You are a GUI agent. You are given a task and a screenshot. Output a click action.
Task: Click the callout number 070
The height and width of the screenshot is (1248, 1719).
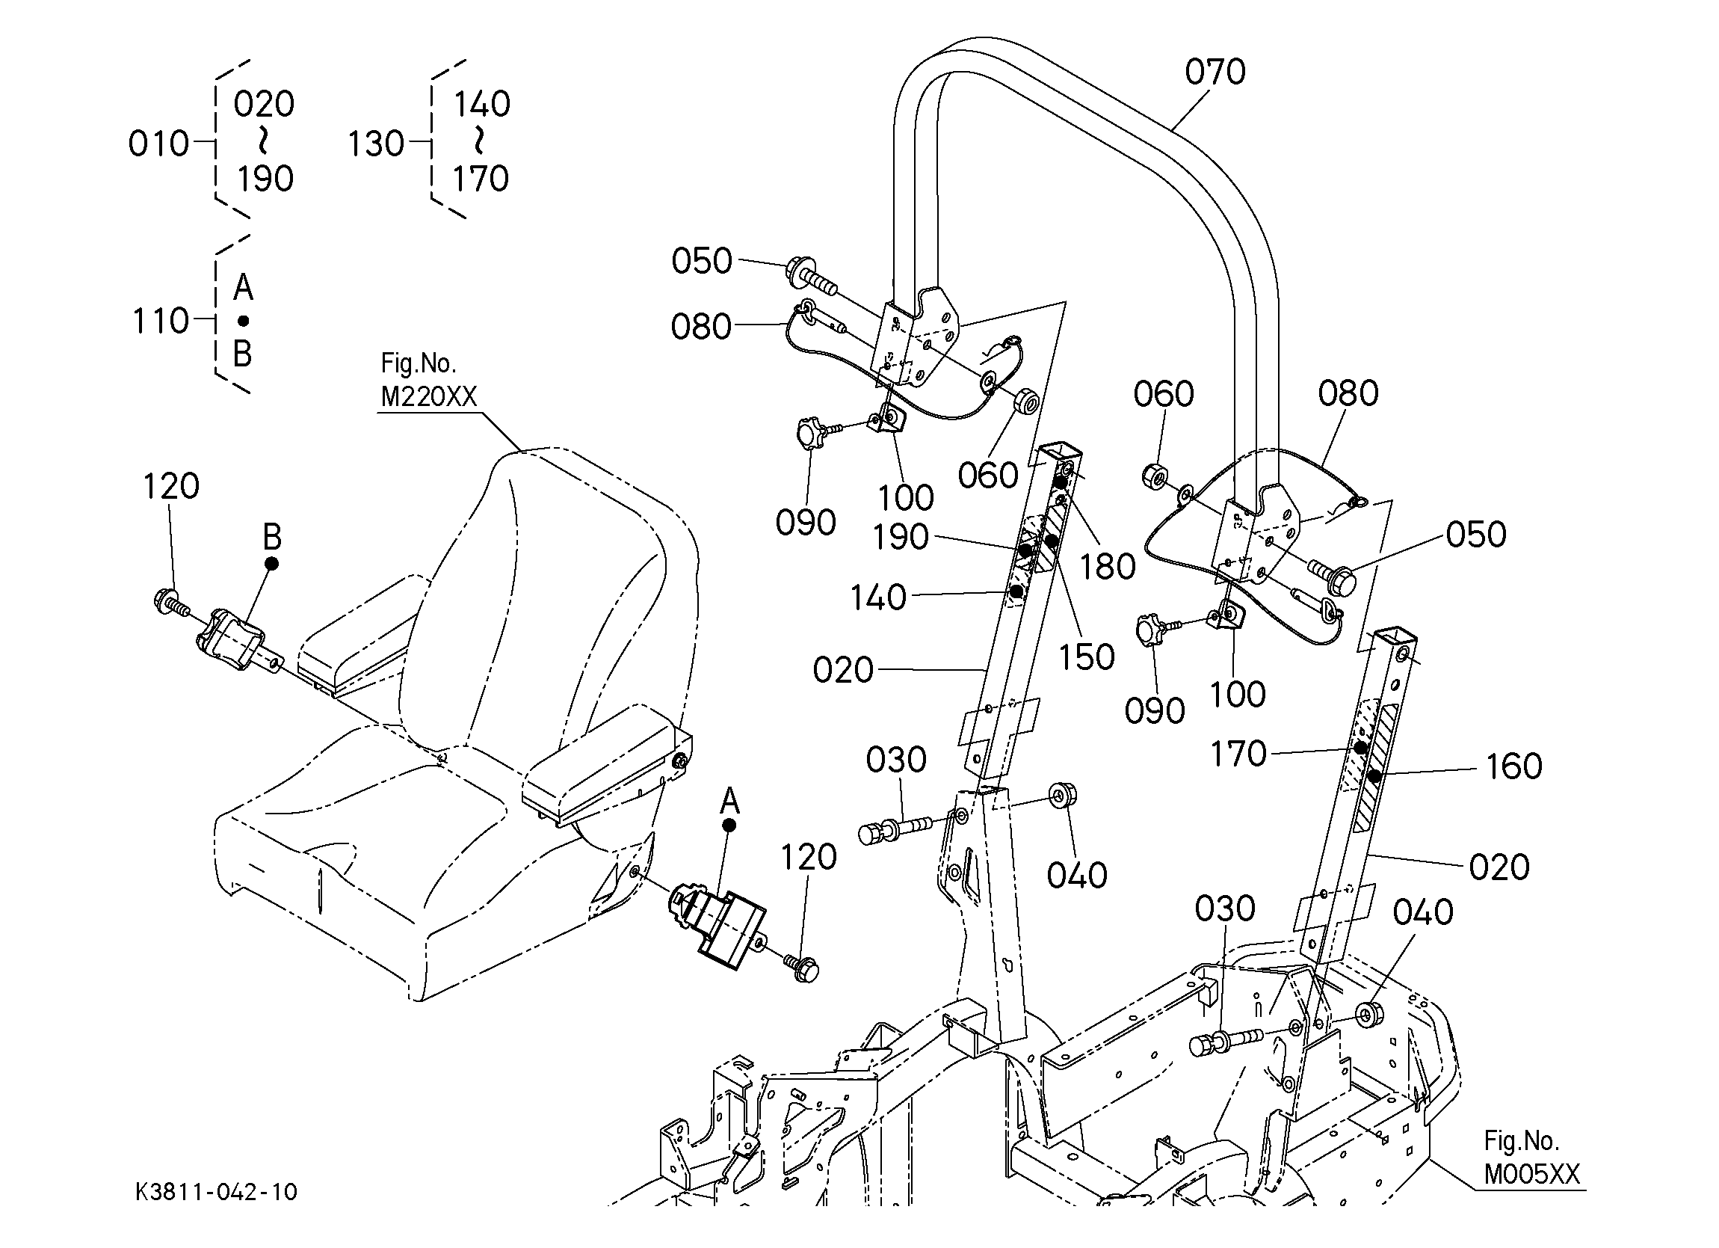pyautogui.click(x=1215, y=72)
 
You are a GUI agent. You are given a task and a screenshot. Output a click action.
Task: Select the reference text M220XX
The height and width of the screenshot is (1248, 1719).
pyautogui.click(x=428, y=396)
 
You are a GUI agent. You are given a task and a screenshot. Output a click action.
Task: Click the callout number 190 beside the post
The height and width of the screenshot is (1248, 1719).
pyautogui.click(x=900, y=538)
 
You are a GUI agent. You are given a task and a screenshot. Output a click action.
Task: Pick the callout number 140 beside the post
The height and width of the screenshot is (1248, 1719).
pyautogui.click(x=877, y=598)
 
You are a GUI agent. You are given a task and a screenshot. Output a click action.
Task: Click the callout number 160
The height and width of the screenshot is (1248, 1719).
pyautogui.click(x=1513, y=766)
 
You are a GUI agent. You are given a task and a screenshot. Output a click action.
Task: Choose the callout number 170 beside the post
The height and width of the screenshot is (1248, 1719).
pyautogui.click(x=1238, y=754)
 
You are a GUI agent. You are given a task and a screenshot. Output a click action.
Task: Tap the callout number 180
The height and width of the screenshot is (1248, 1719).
pyautogui.click(x=1108, y=566)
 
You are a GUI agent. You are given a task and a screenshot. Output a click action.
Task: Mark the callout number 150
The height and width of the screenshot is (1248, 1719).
pyautogui.click(x=1086, y=657)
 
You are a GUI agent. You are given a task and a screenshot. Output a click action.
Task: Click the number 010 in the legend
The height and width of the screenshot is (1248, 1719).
pyautogui.click(x=158, y=144)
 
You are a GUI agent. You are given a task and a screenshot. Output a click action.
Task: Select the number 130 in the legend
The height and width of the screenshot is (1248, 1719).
pyautogui.click(x=376, y=144)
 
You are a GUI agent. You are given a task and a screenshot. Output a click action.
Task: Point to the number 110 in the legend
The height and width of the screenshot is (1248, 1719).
pyautogui.click(x=161, y=321)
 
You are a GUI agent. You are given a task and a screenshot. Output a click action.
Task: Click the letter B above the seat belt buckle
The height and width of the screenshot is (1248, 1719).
pyautogui.click(x=271, y=537)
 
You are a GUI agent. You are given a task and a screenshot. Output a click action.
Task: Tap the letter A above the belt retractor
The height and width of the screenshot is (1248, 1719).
pyautogui.click(x=729, y=800)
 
